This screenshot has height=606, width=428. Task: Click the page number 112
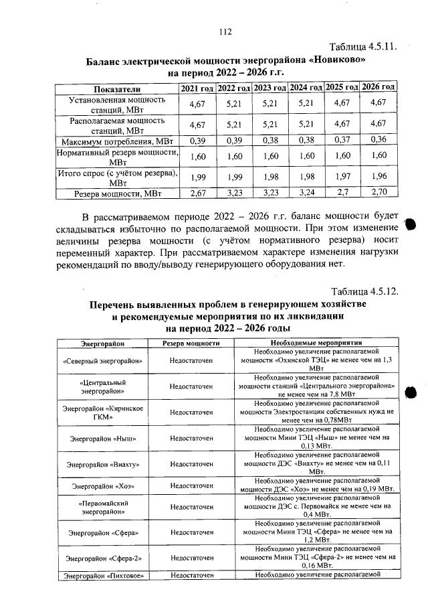click(224, 31)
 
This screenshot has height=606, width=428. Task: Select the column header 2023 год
click(270, 88)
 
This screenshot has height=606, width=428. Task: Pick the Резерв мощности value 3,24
click(306, 194)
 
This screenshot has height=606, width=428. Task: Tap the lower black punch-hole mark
click(411, 392)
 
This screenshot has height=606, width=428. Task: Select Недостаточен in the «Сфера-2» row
click(191, 556)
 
